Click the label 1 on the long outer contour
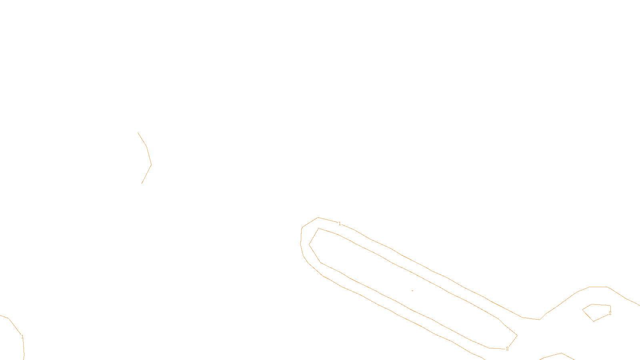coord(340,224)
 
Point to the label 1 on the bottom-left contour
coord(22,337)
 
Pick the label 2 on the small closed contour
coord(610,313)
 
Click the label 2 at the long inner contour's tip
coord(507,349)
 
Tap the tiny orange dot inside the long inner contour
coord(412,290)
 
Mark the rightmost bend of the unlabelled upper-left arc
coord(151,164)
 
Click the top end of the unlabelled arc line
coord(138,133)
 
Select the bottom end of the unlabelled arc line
coord(142,183)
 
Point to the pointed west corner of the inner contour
coord(309,244)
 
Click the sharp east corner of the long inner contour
coord(517,335)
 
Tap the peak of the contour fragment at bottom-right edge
coord(562,353)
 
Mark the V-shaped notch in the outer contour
coord(540,320)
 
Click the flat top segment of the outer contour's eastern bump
coord(598,287)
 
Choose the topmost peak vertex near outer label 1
coord(318,218)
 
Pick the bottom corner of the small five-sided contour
coord(594,321)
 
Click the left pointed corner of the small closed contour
coord(582,310)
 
